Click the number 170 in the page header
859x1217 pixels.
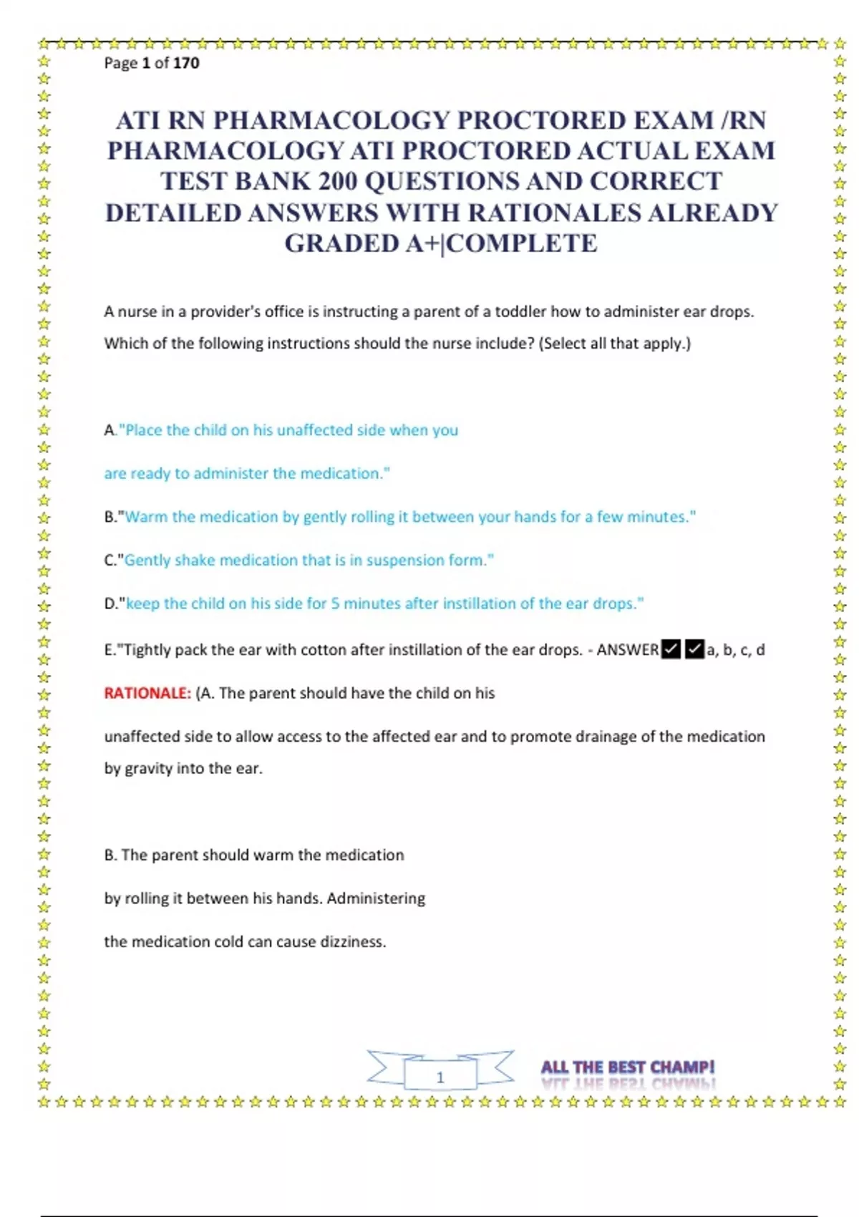186,63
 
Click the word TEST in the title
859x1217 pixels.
193,182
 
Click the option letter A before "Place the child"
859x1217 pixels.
110,430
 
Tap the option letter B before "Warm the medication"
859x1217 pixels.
110,517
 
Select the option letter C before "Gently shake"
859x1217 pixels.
110,561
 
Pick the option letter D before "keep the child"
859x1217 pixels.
110,604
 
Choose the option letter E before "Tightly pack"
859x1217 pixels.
109,650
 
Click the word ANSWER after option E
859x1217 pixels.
627,650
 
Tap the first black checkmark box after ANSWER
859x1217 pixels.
671,649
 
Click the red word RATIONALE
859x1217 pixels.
147,694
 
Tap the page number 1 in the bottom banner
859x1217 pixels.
440,1077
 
